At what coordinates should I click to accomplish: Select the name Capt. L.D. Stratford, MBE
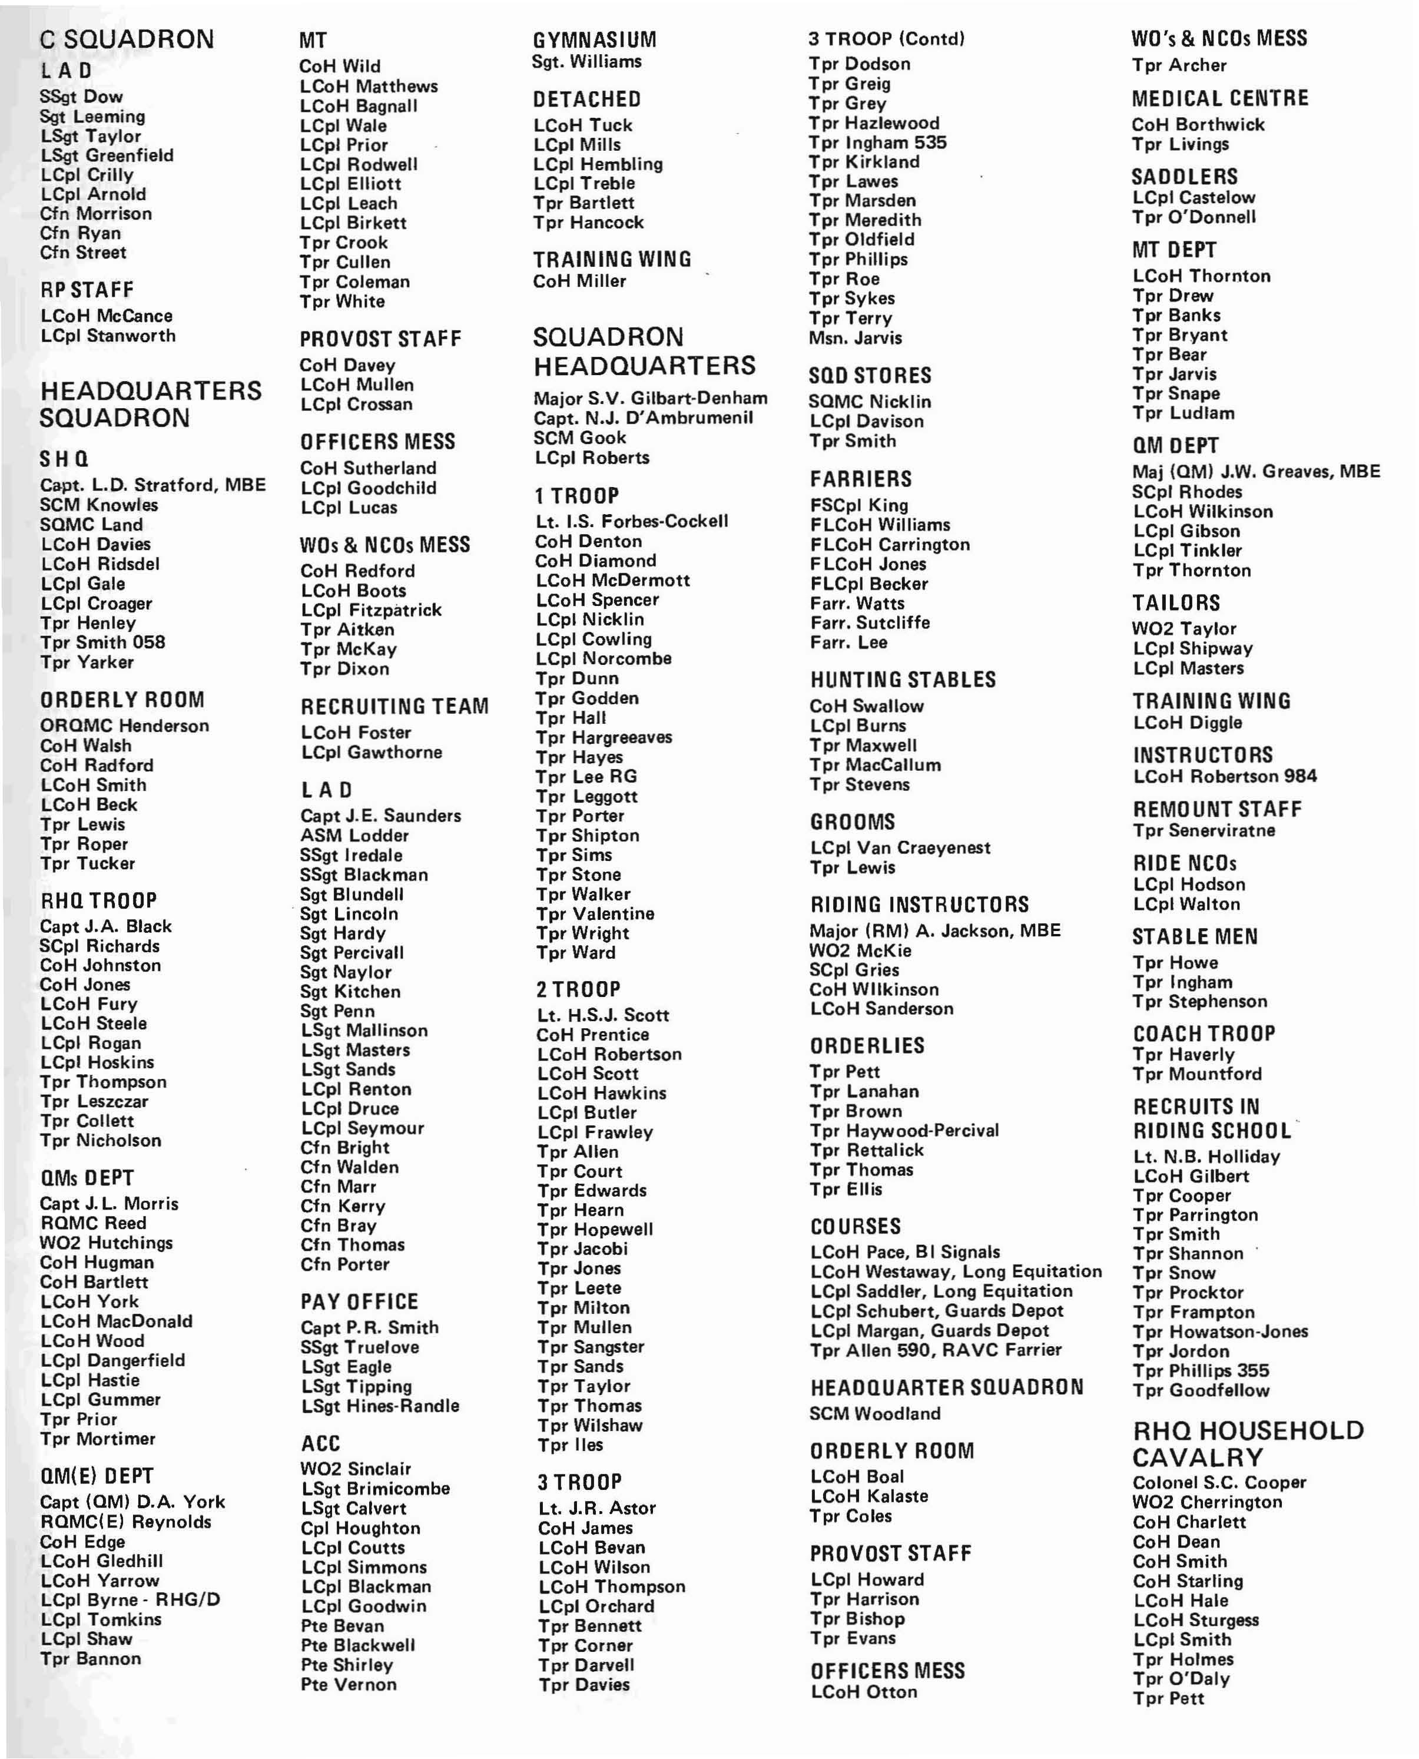(x=153, y=485)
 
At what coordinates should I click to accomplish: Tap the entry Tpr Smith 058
(x=103, y=642)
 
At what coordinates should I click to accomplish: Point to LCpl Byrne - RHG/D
(x=131, y=1599)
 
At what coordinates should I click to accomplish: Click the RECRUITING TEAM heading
(x=394, y=706)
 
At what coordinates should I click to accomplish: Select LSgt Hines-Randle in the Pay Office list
(x=380, y=1405)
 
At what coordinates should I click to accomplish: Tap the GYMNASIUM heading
(x=594, y=39)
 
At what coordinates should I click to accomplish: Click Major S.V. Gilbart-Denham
(x=651, y=398)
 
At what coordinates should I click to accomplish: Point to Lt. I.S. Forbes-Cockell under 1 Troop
(x=631, y=522)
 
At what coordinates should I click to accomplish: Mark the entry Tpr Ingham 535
(x=877, y=143)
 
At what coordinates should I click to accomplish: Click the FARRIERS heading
(x=861, y=479)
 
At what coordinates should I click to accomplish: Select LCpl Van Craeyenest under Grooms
(x=900, y=847)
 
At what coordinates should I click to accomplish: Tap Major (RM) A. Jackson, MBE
(x=935, y=930)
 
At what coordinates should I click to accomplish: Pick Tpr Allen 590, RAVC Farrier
(x=936, y=1350)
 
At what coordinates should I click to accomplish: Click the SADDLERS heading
(x=1185, y=177)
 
